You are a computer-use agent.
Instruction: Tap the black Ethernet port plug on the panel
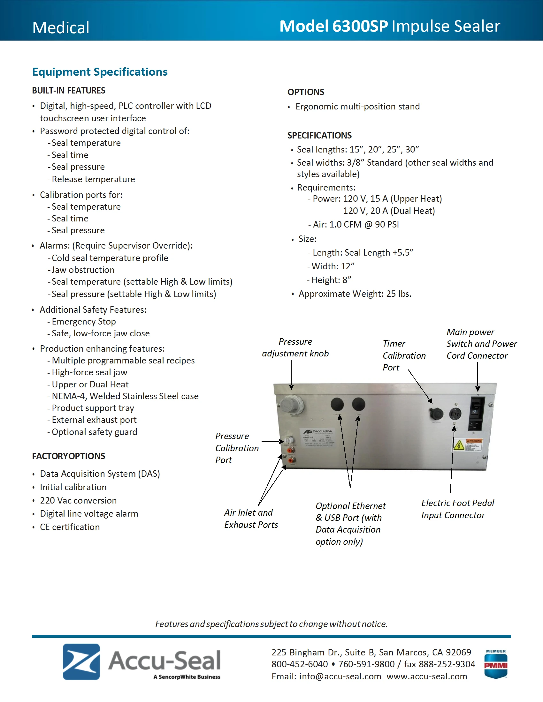coord(337,404)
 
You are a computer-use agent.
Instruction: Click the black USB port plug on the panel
coord(358,404)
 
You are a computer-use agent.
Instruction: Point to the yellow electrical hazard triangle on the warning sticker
coord(459,445)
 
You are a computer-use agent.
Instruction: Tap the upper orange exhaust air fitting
coord(291,450)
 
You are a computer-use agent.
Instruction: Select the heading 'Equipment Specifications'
coord(100,72)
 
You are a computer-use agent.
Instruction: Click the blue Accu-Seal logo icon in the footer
coord(81,661)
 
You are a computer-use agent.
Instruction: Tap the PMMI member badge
coord(496,664)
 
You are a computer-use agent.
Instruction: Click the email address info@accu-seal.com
coord(340,676)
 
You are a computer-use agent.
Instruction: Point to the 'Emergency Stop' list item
coord(84,321)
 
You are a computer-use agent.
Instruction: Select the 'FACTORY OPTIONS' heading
coord(69,456)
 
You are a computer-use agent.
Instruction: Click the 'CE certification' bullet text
coord(70,527)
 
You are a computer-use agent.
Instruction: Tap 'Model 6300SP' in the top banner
coord(333,26)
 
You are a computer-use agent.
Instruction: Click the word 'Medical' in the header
coord(61,28)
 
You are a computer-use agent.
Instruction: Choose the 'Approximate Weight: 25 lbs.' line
coord(355,294)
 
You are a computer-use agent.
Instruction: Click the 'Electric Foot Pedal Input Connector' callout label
coord(457,509)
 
